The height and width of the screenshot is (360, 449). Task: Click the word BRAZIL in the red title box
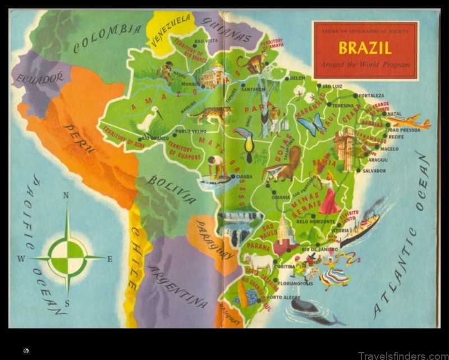coord(365,47)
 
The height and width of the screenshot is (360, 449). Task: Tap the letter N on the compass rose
coord(66,196)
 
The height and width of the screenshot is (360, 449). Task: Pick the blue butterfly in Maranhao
coord(312,124)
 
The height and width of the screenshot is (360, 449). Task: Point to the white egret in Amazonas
coord(149,120)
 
